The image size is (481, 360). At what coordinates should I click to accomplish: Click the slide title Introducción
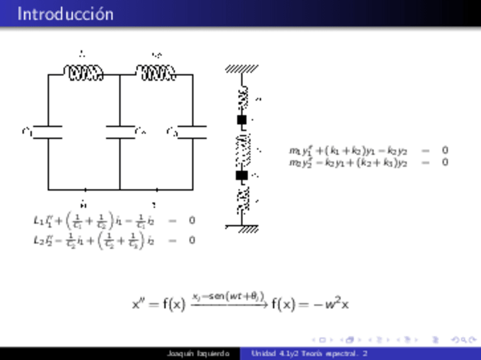tap(65, 14)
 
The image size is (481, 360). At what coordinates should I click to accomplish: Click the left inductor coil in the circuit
tap(83, 73)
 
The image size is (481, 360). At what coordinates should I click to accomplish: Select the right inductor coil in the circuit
tap(156, 73)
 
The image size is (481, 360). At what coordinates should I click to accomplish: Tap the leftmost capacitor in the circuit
tap(48, 132)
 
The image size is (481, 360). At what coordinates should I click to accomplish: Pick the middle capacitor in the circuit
tap(120, 132)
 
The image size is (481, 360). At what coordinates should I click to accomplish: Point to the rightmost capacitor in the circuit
tap(192, 132)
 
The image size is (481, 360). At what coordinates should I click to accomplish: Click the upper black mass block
tap(242, 120)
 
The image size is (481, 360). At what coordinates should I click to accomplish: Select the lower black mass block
tap(242, 175)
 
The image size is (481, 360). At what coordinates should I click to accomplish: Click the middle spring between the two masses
tap(243, 148)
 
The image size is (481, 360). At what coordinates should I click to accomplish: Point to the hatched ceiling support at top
tap(242, 69)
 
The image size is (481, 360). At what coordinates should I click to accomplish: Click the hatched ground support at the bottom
tap(244, 228)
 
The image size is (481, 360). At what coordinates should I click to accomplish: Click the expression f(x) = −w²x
tap(310, 304)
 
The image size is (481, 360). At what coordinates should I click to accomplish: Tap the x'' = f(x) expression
tap(159, 304)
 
